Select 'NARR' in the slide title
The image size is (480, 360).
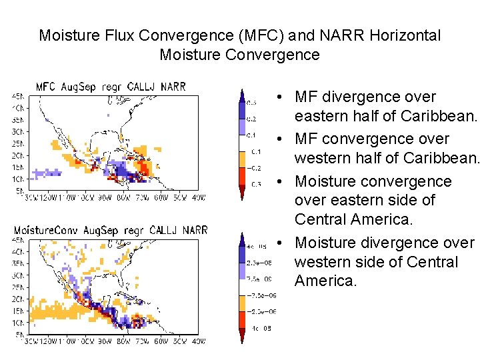(329, 35)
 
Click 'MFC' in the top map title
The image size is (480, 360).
(47, 87)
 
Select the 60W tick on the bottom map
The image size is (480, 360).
(161, 341)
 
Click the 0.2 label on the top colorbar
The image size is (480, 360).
(251, 119)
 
